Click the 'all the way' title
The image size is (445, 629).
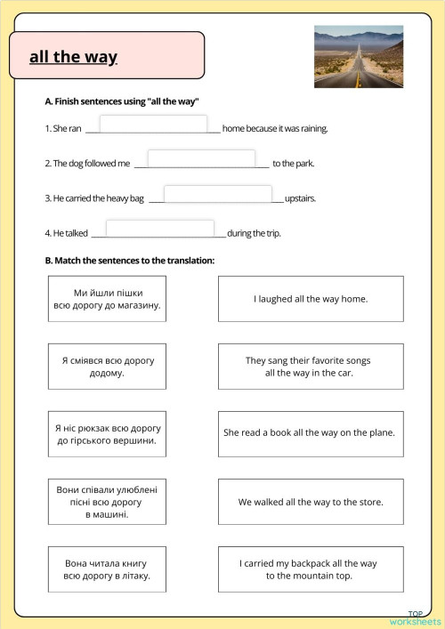(73, 58)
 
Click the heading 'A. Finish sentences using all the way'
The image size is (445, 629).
(121, 102)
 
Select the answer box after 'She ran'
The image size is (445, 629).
(153, 125)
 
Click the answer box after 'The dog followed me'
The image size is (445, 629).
(201, 159)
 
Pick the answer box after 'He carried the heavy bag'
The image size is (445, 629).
(217, 194)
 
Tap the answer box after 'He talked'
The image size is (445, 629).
(159, 229)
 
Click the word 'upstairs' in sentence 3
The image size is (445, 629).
(300, 198)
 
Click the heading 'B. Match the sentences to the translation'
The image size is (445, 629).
(130, 261)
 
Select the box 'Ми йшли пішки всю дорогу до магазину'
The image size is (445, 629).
(107, 299)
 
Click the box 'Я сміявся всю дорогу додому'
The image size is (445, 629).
(107, 367)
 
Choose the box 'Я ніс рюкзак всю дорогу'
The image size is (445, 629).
(107, 434)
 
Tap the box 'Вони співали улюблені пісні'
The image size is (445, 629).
(107, 502)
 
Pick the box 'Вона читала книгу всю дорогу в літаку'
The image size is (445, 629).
(107, 569)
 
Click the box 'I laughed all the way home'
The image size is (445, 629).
(310, 299)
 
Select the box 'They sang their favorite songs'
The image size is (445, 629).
(310, 367)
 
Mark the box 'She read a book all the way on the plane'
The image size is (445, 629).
(310, 434)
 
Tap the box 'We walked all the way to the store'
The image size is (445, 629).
(310, 502)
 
